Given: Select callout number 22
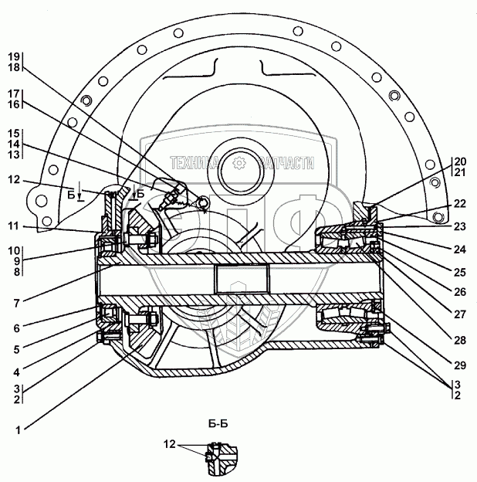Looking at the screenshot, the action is [461, 203].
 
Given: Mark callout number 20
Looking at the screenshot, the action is [461, 161].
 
